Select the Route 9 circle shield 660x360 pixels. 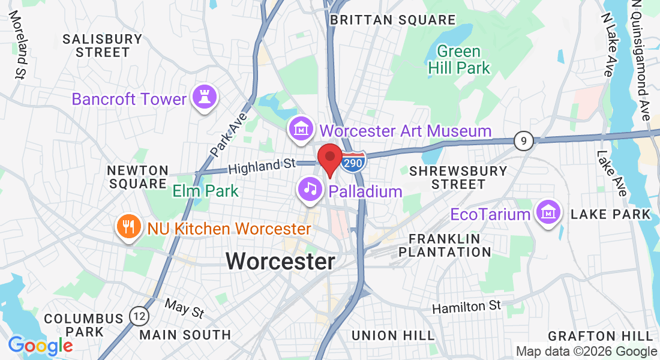pos(524,142)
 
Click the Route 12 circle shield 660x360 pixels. pos(139,316)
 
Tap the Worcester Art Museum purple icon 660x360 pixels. pos(301,130)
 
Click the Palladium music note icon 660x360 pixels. pos(310,190)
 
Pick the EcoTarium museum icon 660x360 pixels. pos(548,213)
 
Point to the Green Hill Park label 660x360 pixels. pos(459,60)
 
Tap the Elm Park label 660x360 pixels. pos(205,191)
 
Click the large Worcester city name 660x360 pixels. pos(280,261)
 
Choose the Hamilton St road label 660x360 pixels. pos(467,307)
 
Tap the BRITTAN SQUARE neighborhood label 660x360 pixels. pos(393,20)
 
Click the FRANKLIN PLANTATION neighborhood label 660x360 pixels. pos(445,245)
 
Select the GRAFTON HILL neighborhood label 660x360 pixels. pos(600,335)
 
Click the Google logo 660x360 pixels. pos(40,346)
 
